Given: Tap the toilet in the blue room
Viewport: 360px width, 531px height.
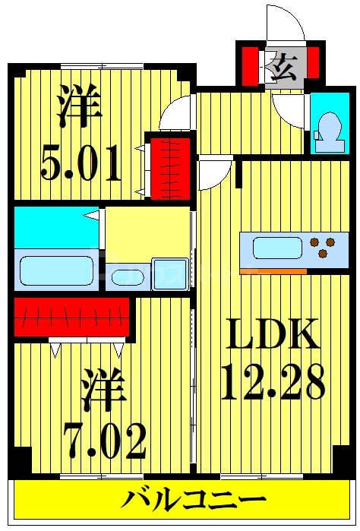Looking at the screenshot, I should click(x=329, y=125).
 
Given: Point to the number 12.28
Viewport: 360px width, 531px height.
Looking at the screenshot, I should click(x=271, y=384).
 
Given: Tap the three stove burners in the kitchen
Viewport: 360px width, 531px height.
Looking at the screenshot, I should click(x=321, y=246).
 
